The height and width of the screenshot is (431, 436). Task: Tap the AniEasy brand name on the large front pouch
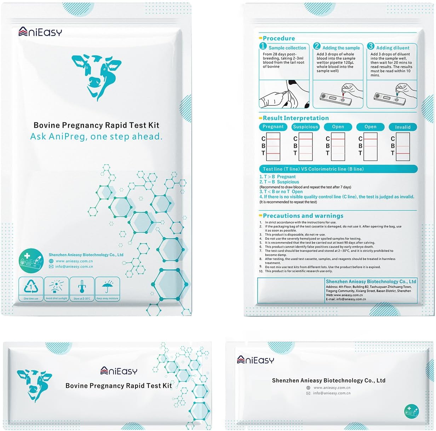(40, 32)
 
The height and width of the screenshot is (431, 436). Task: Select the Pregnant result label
(273, 127)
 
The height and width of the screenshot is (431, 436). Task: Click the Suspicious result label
(305, 127)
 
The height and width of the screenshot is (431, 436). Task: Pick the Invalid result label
(403, 127)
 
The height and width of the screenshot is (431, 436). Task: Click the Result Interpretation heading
(296, 118)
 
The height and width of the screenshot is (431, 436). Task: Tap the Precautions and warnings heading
(303, 216)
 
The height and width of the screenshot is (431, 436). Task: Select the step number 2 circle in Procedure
(317, 46)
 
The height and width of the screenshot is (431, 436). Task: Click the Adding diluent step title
(392, 48)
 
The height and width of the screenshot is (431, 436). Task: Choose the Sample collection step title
(287, 48)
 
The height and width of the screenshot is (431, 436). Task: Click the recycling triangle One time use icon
(31, 287)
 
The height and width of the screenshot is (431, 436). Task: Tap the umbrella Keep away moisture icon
(107, 287)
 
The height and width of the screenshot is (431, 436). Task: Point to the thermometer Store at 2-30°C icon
(82, 287)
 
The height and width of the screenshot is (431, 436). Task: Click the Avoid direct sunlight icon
(56, 287)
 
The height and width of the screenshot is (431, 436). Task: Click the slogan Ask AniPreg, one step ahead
(96, 137)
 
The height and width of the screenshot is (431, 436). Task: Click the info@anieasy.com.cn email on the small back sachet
(332, 393)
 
